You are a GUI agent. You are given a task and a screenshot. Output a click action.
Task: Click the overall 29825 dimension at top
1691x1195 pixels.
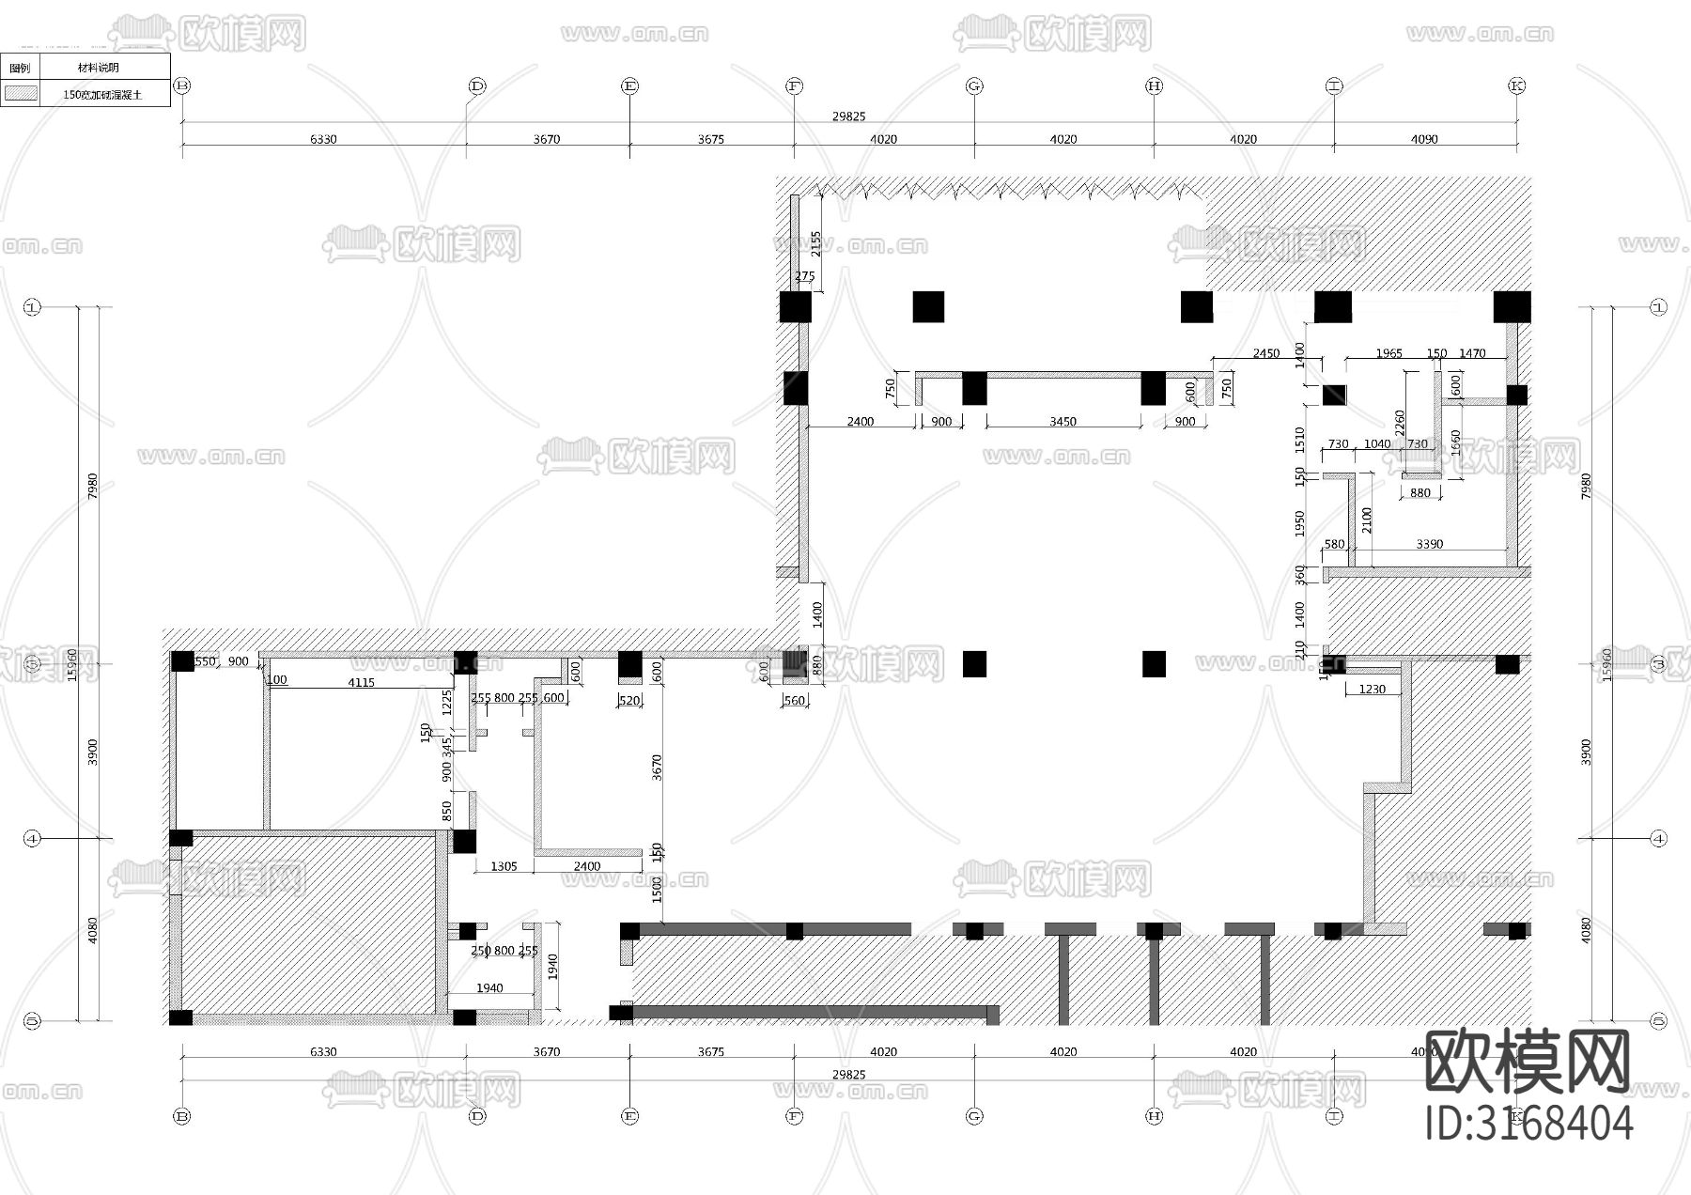(x=848, y=116)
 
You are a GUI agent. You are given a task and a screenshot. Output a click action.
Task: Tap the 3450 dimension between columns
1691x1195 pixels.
(x=1063, y=422)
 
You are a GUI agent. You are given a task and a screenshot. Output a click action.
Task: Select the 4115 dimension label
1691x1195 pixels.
(x=361, y=683)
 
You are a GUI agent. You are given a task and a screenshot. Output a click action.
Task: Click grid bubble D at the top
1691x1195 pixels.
(x=476, y=86)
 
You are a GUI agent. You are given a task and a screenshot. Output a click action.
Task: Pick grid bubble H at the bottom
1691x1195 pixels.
(x=1155, y=1116)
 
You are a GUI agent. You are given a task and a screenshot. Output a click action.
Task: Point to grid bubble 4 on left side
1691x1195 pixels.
(x=33, y=838)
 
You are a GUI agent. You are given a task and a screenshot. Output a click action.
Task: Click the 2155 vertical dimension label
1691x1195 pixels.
(x=815, y=243)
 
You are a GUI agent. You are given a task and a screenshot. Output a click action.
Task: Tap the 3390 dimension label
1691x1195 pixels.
(x=1429, y=544)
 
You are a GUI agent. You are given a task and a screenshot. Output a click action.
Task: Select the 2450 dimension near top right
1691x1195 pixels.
(x=1265, y=354)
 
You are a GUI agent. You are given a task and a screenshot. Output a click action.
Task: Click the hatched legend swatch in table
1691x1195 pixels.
(x=21, y=94)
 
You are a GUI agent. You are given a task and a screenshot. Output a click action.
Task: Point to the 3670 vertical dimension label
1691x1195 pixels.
(x=657, y=768)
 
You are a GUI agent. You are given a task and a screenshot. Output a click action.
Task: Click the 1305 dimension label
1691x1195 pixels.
(x=504, y=866)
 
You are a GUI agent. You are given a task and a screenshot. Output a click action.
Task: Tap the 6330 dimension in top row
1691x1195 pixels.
(x=322, y=139)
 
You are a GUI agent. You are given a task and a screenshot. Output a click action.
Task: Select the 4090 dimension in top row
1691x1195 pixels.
(x=1424, y=139)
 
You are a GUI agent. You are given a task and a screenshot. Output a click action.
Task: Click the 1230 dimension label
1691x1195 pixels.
(x=1372, y=690)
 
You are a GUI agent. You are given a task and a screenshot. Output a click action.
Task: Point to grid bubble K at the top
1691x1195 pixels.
(x=1516, y=86)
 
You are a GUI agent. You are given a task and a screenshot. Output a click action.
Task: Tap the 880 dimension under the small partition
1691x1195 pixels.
(x=1420, y=492)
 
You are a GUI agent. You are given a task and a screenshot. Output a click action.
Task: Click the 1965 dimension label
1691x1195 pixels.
(x=1388, y=354)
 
